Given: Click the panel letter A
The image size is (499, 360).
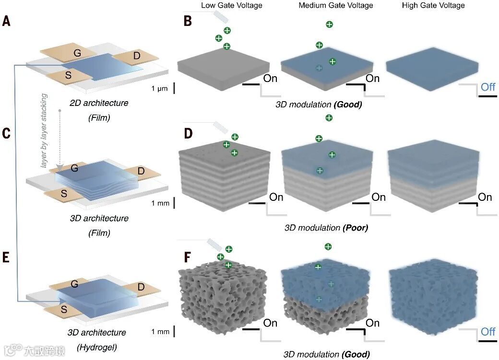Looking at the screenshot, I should click(7, 22).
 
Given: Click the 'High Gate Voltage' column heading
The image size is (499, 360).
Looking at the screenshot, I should click(433, 6).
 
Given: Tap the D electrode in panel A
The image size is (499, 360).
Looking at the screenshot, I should click(137, 57).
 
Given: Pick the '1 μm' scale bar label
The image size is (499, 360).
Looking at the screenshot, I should click(159, 89).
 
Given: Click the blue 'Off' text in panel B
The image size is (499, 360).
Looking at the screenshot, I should click(488, 87).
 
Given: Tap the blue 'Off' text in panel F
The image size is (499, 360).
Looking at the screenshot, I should click(488, 331).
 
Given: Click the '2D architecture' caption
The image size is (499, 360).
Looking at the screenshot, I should click(100, 103).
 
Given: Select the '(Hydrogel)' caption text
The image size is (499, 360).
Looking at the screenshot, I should click(99, 347).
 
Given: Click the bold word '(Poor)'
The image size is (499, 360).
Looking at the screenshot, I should click(355, 228).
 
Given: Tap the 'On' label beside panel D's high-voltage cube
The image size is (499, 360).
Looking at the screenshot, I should click(485, 197).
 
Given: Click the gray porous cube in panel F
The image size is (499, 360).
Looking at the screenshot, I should click(211, 302).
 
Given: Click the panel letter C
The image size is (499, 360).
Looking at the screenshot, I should click(6, 133).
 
